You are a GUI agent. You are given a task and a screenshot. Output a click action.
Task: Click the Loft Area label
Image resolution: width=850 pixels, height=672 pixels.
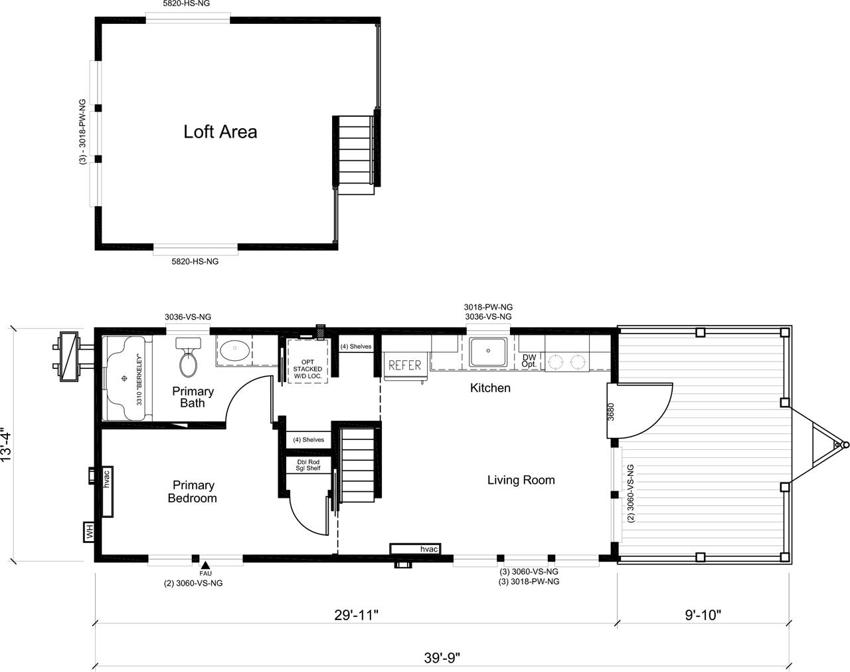coord(220,132)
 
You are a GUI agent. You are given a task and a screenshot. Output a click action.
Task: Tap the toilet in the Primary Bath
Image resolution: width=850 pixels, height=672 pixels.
coord(188,357)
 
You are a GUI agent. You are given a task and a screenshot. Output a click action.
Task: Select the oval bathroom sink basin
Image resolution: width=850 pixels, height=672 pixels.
coord(234,351)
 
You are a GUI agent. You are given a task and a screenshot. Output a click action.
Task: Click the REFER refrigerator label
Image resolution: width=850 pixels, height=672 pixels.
coord(405,366)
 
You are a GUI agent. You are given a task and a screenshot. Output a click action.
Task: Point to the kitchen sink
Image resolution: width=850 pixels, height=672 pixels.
coord(488,352)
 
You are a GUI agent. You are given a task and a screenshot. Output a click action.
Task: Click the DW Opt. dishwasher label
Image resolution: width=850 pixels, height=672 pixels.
coord(529,361)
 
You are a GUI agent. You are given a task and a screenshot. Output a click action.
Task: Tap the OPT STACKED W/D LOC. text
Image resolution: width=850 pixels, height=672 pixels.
coord(307,369)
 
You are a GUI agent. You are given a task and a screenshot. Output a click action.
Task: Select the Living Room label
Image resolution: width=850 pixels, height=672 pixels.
coord(521,480)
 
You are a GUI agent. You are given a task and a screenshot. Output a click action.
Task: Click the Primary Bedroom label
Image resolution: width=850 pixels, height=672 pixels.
coord(193,491)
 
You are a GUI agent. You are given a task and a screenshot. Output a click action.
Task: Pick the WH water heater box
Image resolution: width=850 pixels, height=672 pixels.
coord(89,532)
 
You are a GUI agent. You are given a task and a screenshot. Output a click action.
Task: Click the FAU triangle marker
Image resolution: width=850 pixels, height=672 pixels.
coord(205,566)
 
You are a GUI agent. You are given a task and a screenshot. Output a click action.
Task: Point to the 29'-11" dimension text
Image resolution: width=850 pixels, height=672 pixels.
coord(357,615)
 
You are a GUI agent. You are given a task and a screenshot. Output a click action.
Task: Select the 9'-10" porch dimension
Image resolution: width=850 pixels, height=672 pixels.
coord(703,615)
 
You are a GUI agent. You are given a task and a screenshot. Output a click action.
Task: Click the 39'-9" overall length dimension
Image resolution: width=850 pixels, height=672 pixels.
coord(442,658)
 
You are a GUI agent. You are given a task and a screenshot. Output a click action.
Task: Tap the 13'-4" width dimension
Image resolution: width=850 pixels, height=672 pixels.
coord(7,444)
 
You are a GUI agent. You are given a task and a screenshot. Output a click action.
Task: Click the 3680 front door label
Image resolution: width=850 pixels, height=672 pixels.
coord(611,412)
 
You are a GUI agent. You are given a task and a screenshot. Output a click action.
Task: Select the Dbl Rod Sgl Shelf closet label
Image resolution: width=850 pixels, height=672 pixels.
coord(308,465)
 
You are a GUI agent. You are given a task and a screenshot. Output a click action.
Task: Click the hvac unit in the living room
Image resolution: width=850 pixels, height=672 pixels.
coord(415,549)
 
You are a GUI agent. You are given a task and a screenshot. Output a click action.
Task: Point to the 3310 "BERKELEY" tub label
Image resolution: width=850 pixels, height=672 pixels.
coord(139,379)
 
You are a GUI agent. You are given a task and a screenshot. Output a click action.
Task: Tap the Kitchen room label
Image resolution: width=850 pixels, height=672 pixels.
coord(490,388)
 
